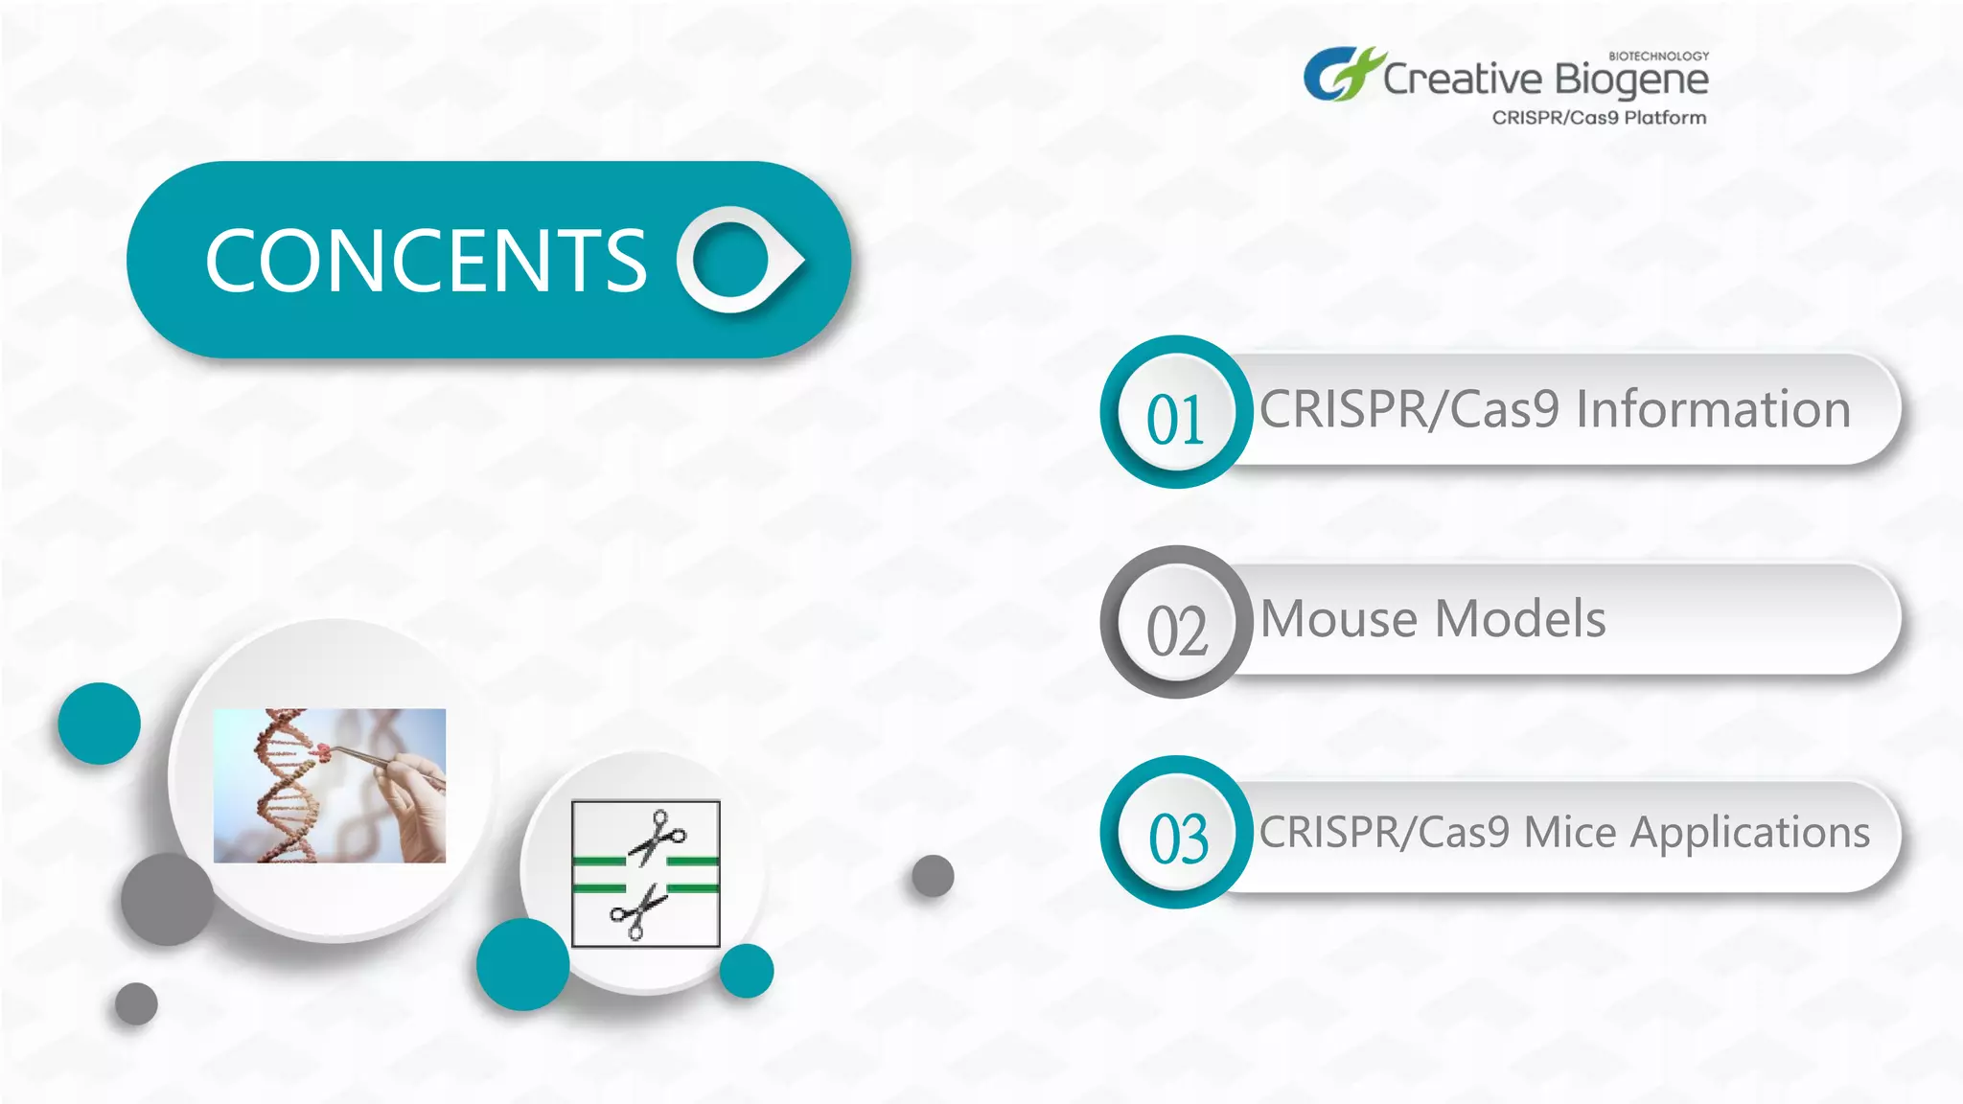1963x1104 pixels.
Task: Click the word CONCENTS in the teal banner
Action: tap(427, 261)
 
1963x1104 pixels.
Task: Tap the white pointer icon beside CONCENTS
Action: tap(738, 260)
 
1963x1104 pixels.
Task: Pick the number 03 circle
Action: tap(1176, 833)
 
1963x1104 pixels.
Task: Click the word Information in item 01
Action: tap(1713, 409)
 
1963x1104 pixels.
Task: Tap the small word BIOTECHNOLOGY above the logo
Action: tap(1658, 56)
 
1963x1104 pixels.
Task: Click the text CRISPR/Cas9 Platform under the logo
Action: tap(1599, 118)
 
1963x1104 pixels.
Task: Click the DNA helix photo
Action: tap(329, 786)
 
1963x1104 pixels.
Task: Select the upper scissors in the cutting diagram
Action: tap(658, 836)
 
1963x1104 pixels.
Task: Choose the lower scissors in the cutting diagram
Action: tap(637, 912)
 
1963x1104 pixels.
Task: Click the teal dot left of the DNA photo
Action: tap(99, 724)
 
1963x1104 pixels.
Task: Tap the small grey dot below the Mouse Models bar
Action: tap(933, 876)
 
